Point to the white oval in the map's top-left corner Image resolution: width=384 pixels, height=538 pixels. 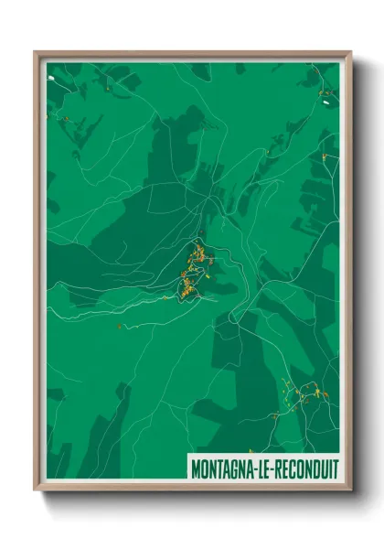coord(51,79)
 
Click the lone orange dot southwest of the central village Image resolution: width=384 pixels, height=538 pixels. coord(117,323)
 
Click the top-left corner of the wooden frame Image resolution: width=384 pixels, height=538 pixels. coord(36,51)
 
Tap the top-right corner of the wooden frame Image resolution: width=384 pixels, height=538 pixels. coord(350,51)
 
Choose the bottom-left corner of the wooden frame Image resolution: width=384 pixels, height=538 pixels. coord(36,490)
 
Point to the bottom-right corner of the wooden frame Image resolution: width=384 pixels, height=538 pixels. coord(350,490)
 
